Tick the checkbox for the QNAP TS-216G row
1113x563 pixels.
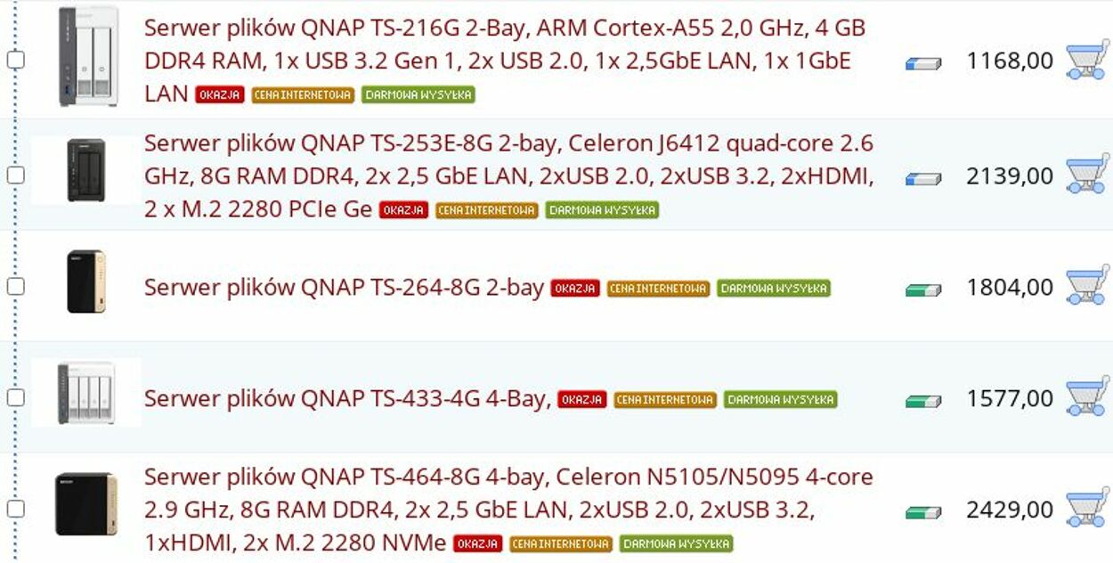pos(16,60)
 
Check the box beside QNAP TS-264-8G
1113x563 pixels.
pos(16,287)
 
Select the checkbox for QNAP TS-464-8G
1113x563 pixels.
pos(16,510)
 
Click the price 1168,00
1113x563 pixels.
pos(1009,61)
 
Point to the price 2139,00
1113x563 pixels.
pos(1009,175)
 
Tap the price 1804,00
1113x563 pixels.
pos(1009,287)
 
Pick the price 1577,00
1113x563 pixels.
pos(1009,398)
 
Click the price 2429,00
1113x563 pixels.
pos(1009,510)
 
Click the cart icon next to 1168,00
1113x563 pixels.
pos(1086,60)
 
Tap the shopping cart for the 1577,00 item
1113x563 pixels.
pos(1086,396)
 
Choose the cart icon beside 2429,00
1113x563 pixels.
pos(1086,508)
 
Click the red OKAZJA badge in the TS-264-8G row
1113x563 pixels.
pos(575,289)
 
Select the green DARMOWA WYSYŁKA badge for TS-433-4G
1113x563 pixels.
pos(781,399)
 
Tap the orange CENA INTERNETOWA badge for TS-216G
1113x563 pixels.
pos(303,95)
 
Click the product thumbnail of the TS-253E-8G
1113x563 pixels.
pos(86,170)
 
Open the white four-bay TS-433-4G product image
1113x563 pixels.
pos(86,393)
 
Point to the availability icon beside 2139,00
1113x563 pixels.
pos(923,178)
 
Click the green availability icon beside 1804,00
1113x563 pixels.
pos(923,290)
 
